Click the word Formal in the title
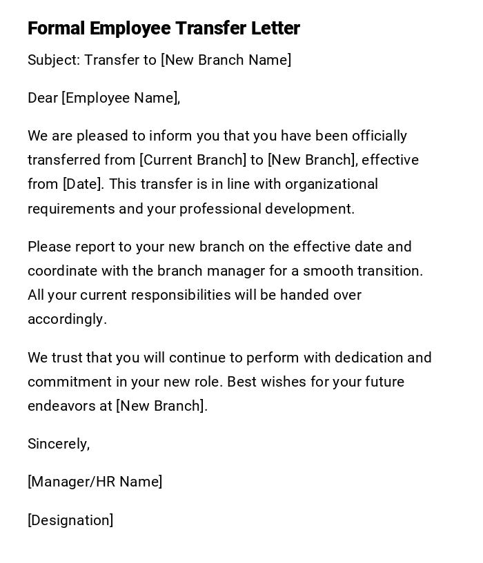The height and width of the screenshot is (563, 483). (56, 28)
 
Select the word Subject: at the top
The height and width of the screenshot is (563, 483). (54, 60)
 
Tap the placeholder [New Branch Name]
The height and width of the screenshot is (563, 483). (226, 60)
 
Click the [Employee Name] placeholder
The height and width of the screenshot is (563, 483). (121, 98)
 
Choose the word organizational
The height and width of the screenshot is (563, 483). (331, 184)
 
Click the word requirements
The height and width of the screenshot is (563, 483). (71, 209)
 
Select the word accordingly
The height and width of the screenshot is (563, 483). (67, 319)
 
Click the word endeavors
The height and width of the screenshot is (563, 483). (61, 406)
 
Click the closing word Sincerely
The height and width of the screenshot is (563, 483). (59, 444)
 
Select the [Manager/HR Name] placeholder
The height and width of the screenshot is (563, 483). (95, 482)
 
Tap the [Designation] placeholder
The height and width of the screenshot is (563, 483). (70, 520)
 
